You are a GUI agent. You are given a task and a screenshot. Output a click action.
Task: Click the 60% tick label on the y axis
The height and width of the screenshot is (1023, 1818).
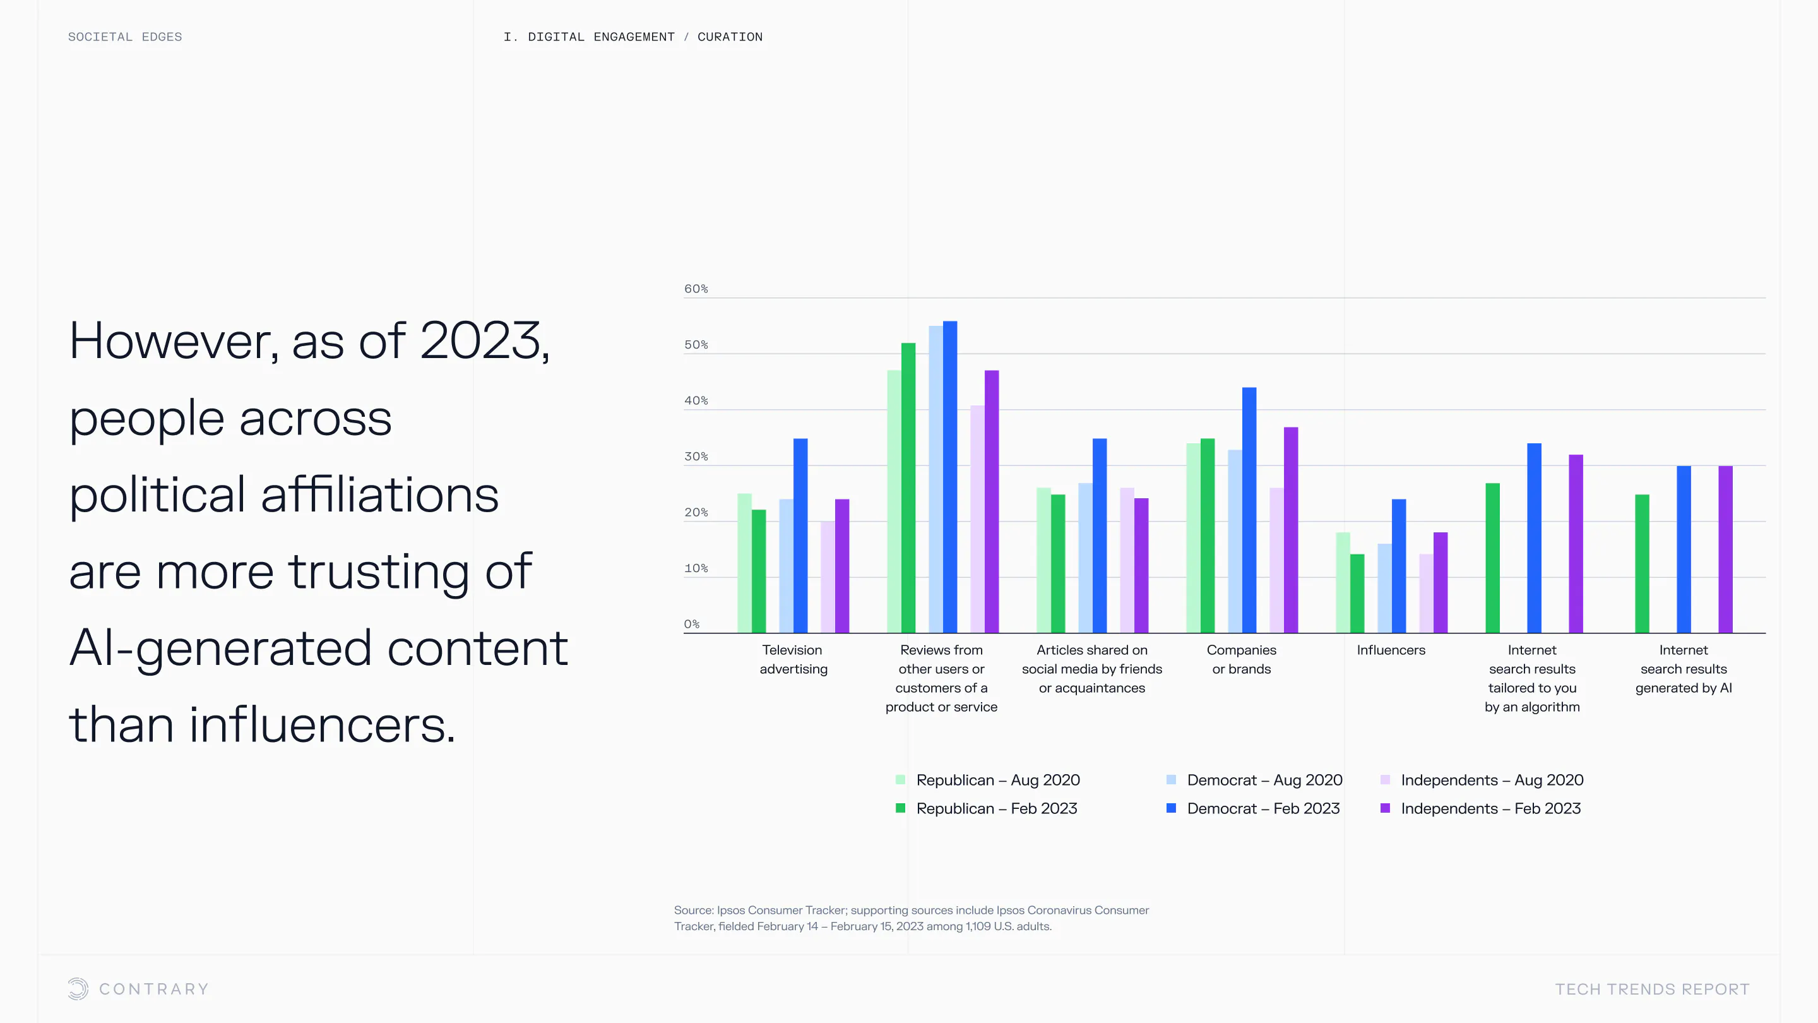pyautogui.click(x=695, y=289)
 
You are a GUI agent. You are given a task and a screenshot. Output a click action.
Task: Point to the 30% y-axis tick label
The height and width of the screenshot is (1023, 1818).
pyautogui.click(x=695, y=457)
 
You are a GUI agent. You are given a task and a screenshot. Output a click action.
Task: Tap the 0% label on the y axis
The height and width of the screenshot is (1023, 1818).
pyautogui.click(x=692, y=624)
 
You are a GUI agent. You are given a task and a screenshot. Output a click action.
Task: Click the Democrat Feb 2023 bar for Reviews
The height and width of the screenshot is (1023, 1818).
pyautogui.click(x=950, y=477)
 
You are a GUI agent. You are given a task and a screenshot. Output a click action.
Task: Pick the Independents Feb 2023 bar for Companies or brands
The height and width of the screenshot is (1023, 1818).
pyautogui.click(x=1291, y=530)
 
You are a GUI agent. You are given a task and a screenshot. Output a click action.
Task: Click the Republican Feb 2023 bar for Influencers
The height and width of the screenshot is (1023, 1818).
pyautogui.click(x=1357, y=593)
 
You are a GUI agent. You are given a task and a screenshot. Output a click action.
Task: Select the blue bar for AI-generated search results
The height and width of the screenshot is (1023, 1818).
pyautogui.click(x=1684, y=549)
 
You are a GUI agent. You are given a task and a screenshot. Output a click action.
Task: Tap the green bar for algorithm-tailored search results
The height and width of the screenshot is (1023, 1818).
pyautogui.click(x=1493, y=558)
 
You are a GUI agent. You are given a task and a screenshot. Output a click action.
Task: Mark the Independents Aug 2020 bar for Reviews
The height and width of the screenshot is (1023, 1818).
pyautogui.click(x=977, y=519)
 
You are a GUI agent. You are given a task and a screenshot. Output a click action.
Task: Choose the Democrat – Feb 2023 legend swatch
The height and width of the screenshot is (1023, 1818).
pyautogui.click(x=1172, y=808)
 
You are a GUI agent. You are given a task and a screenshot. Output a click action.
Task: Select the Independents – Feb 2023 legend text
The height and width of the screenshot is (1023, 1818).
pyautogui.click(x=1490, y=808)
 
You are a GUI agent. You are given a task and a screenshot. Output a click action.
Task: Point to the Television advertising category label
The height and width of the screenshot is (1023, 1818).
pyautogui.click(x=793, y=659)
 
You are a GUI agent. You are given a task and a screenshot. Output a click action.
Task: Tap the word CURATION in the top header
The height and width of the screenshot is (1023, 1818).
pyautogui.click(x=730, y=37)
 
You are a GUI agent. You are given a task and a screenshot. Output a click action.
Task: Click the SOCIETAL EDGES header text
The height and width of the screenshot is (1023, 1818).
pyautogui.click(x=125, y=37)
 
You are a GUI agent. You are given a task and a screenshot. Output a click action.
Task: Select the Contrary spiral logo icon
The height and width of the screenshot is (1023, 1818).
pyautogui.click(x=78, y=988)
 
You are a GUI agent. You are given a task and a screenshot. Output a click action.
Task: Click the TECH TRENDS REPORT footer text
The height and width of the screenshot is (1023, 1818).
pyautogui.click(x=1652, y=989)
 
